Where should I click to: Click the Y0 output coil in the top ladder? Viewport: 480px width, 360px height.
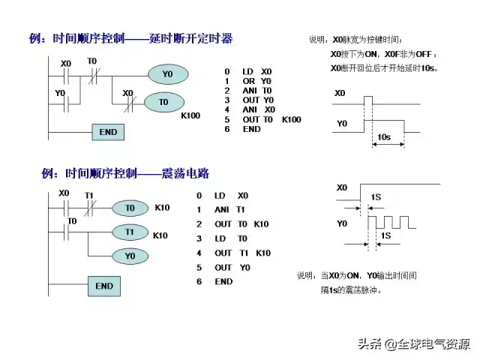tap(168, 74)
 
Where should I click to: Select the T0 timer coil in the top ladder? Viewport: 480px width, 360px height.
tap(164, 102)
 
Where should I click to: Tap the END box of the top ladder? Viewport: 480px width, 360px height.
tap(108, 132)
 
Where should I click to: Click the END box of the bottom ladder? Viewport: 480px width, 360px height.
tap(104, 286)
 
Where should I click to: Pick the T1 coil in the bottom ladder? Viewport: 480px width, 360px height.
tap(130, 232)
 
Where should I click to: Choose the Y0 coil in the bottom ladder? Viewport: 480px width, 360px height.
tap(130, 256)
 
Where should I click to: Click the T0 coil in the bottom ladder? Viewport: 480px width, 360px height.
tap(130, 208)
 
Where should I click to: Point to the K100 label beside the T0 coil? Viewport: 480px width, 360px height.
tap(190, 115)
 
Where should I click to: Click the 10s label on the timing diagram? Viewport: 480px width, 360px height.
tap(384, 137)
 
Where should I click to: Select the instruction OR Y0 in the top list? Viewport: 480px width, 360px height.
tap(256, 81)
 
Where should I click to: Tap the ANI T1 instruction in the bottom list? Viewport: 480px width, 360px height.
tap(229, 210)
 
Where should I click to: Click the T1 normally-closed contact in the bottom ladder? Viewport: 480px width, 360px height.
tap(91, 208)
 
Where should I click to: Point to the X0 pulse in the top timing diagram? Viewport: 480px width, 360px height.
tap(368, 100)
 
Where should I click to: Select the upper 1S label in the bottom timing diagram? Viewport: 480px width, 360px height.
tap(376, 197)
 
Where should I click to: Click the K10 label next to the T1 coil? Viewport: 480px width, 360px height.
tap(160, 235)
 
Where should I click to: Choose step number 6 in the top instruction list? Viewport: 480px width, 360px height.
tap(226, 129)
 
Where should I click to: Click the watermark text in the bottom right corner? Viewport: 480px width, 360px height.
tap(414, 344)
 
